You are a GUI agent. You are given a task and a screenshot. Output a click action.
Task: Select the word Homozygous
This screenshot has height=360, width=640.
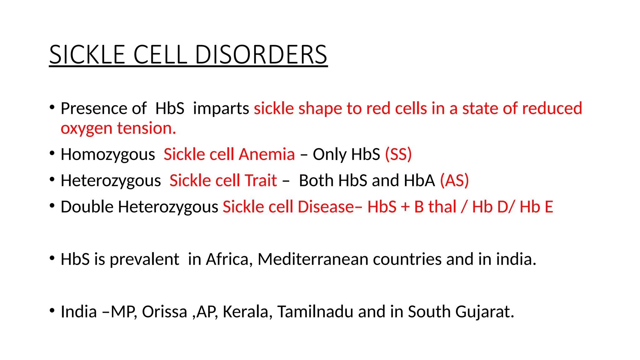click(x=108, y=154)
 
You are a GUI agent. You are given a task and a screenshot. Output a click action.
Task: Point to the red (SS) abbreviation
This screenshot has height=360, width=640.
click(x=398, y=154)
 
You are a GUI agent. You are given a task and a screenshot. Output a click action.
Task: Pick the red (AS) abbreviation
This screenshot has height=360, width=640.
click(x=454, y=181)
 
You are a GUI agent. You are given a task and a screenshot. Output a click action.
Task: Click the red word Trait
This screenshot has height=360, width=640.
click(x=261, y=181)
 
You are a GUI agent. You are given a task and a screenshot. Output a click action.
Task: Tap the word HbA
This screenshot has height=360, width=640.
click(x=419, y=181)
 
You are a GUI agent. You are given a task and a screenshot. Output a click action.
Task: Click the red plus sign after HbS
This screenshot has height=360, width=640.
click(x=405, y=207)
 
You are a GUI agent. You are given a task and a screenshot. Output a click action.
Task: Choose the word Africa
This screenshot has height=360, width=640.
click(x=227, y=259)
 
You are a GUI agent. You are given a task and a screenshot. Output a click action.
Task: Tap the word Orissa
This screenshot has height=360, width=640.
click(x=164, y=312)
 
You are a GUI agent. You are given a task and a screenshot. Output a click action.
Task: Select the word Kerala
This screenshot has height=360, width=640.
click(x=246, y=312)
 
